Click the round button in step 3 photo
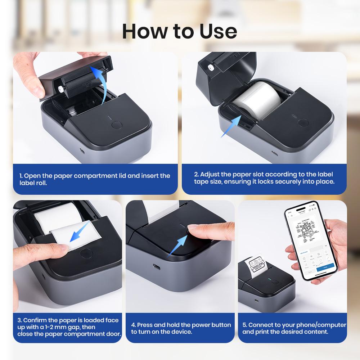pos(85,253)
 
